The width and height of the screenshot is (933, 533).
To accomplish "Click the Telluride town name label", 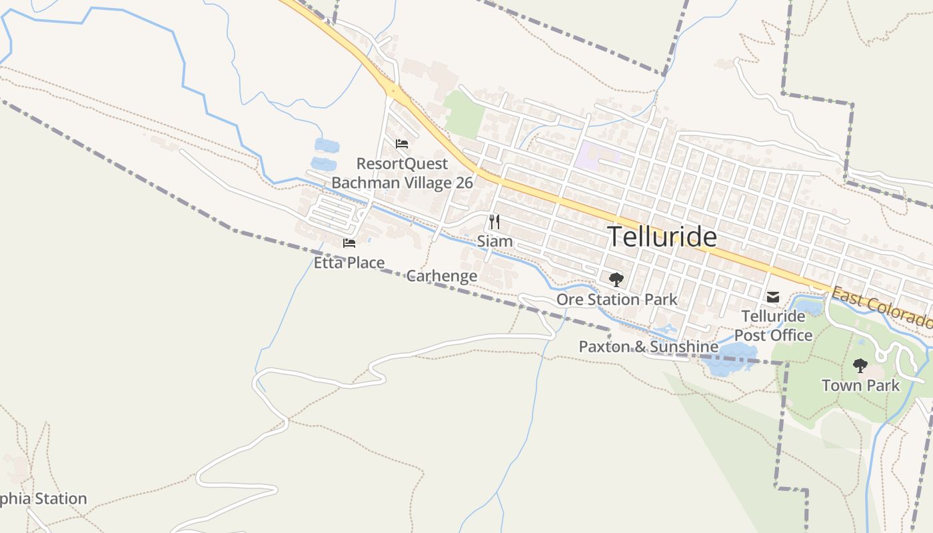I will click(x=662, y=237).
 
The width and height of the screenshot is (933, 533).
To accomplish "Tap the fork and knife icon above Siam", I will click(x=494, y=222).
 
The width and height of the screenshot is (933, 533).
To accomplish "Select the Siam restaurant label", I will click(x=494, y=241).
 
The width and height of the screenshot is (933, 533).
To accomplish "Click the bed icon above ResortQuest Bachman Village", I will click(x=401, y=144).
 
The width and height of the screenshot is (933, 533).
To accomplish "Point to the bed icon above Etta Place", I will click(x=349, y=243).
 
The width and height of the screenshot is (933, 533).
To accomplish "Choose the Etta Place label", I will click(x=349, y=263).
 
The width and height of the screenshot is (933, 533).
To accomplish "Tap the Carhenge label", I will click(x=442, y=276).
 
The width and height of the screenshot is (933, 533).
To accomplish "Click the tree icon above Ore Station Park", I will click(x=616, y=280).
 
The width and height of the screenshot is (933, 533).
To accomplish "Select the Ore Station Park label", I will click(x=616, y=300).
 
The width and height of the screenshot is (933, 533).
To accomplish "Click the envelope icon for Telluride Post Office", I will click(x=773, y=297).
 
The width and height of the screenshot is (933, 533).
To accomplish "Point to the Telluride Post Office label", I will click(x=773, y=325).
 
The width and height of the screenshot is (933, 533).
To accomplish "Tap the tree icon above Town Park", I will click(x=860, y=366).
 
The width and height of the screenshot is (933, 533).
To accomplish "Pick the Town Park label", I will click(x=860, y=385).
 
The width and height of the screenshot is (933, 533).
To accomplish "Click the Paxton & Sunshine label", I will click(x=648, y=346).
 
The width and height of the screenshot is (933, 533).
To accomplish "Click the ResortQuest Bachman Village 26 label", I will click(x=402, y=173).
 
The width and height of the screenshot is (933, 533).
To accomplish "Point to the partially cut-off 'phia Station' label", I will click(x=43, y=498).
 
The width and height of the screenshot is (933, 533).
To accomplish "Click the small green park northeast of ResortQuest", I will click(x=465, y=115).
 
